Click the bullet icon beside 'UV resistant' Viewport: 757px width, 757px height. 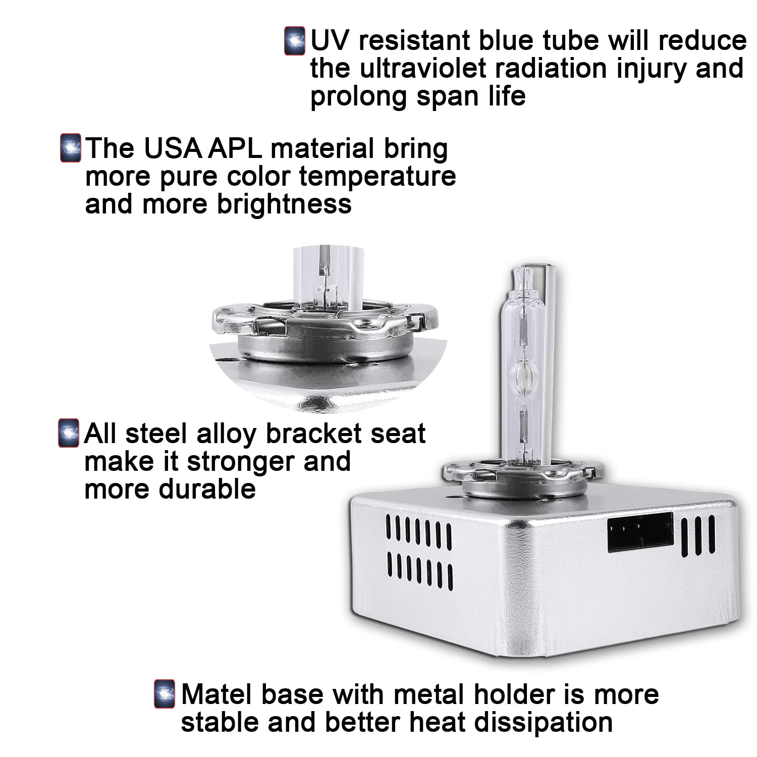click(x=295, y=41)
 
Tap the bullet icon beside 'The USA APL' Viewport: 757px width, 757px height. click(x=70, y=148)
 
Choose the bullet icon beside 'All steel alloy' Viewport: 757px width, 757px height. click(x=69, y=433)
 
